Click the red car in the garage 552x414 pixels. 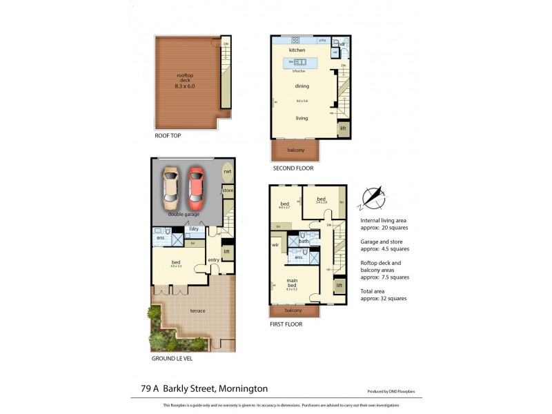[x=196, y=188]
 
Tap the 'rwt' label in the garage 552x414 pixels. [x=228, y=172]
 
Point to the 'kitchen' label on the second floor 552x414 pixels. [x=297, y=50]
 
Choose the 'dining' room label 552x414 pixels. [x=302, y=86]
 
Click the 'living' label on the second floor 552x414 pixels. [x=302, y=118]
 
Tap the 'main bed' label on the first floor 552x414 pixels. [x=290, y=282]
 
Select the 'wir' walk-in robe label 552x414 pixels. [x=275, y=244]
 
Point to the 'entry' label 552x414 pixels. [x=213, y=260]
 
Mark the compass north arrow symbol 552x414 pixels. [x=373, y=197]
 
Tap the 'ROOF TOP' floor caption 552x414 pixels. [x=168, y=136]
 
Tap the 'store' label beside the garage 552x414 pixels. [x=228, y=190]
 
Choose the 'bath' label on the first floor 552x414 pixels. [x=304, y=241]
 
